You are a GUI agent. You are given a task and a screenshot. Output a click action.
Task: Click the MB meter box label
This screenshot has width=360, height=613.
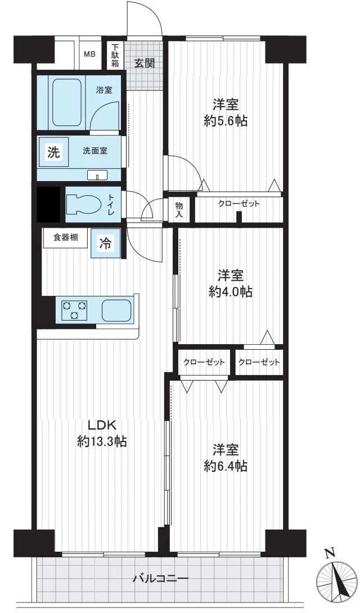(x=89, y=55)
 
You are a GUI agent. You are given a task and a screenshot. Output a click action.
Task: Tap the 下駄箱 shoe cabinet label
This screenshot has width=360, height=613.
(x=115, y=55)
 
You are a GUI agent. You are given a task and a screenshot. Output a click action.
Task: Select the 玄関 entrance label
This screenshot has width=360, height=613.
(x=144, y=63)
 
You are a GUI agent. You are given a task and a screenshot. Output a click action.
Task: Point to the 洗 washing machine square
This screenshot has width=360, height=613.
(x=53, y=152)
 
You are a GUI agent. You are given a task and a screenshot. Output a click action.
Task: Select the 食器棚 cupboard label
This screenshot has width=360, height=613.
(x=65, y=237)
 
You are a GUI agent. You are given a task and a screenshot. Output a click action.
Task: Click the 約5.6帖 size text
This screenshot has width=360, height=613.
(x=226, y=121)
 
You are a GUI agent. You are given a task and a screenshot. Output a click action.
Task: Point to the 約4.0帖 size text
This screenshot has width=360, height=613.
(x=231, y=292)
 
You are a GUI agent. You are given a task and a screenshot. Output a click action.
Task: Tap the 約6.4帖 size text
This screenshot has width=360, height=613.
(x=226, y=466)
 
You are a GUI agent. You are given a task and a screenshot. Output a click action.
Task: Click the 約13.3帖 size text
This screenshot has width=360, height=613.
(x=101, y=442)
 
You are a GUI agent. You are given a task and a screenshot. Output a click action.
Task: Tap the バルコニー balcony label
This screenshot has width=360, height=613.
(x=160, y=578)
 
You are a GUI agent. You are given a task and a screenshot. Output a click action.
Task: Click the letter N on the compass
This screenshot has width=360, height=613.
(x=331, y=553)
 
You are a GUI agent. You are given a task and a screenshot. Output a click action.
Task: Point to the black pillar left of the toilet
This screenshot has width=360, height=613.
(x=48, y=204)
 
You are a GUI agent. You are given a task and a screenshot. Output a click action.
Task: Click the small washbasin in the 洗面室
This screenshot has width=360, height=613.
(x=98, y=175)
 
